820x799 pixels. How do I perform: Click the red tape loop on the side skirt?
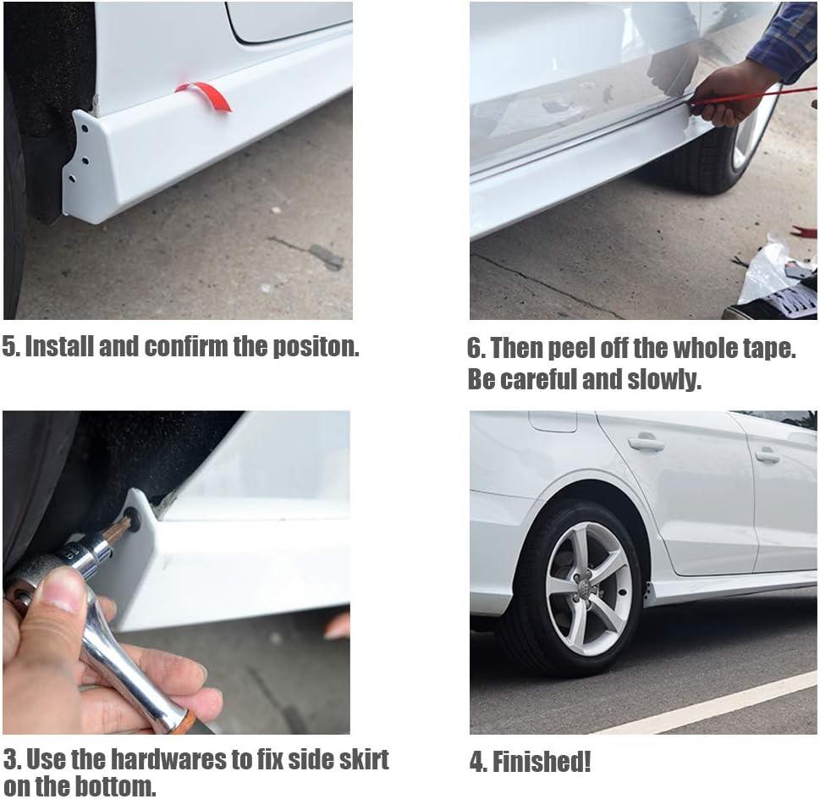tap(206, 94)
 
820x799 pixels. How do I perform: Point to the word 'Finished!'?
tap(542, 762)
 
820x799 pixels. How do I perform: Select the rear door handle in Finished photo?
tap(647, 444)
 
